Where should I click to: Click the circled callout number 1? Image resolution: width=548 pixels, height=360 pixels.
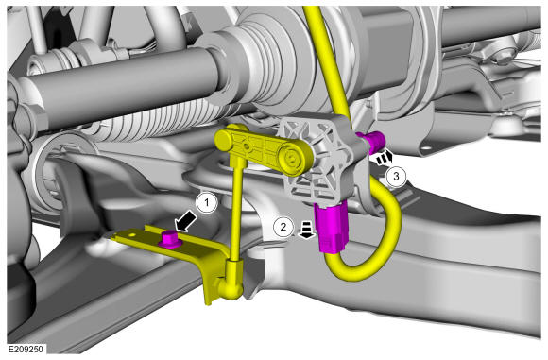(x=207, y=202)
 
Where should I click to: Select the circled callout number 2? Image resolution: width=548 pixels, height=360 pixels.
(x=283, y=227)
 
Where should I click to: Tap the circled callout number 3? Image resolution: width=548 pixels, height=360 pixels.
(x=396, y=176)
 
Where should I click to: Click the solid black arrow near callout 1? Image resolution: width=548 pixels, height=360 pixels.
(x=185, y=222)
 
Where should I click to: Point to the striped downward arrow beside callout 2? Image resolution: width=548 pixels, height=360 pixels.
(x=306, y=231)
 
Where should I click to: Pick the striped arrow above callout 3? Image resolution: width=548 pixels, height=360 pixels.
(x=385, y=158)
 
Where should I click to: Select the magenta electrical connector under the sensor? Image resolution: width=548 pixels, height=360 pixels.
(x=331, y=227)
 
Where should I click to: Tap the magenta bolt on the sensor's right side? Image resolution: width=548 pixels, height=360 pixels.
(x=372, y=140)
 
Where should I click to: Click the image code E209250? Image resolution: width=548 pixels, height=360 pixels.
(x=26, y=349)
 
